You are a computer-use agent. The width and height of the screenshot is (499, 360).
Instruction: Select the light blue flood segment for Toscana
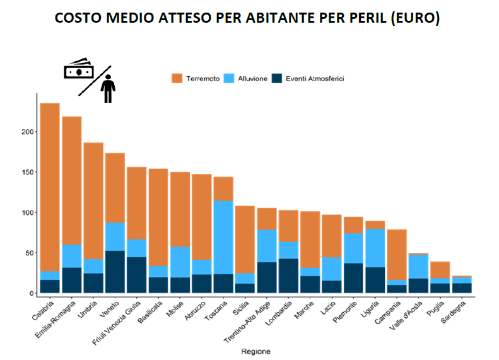click(x=223, y=237)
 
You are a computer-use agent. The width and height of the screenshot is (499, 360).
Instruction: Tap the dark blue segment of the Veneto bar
click(x=115, y=272)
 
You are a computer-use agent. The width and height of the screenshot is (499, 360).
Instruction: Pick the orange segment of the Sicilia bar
click(x=245, y=240)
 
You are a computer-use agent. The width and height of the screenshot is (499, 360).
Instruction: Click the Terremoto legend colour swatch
click(x=177, y=79)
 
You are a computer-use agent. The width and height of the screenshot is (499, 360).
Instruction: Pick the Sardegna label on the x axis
click(x=458, y=311)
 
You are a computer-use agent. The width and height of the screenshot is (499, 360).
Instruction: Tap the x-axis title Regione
click(x=255, y=351)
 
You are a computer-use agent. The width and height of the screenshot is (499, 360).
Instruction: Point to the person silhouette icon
click(x=109, y=88)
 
